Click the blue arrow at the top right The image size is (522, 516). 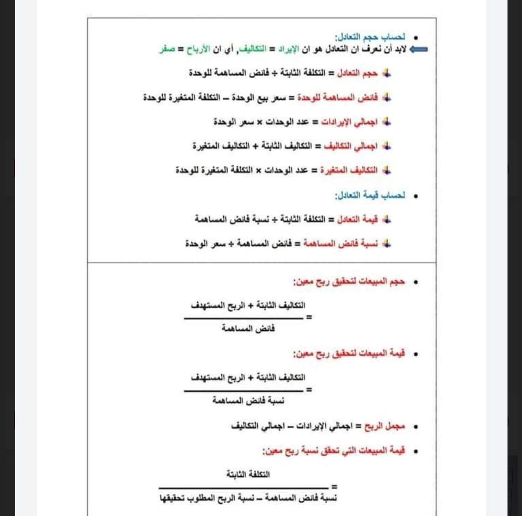point(419,49)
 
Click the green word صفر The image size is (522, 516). point(167,49)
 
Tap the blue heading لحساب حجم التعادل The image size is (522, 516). point(370,37)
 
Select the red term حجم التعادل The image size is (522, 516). point(357,73)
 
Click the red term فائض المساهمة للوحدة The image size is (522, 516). point(337,98)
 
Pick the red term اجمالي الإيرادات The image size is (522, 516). point(349,122)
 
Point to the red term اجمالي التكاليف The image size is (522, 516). point(351,146)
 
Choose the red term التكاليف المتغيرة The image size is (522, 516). point(349,170)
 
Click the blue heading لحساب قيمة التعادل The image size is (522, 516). point(370,195)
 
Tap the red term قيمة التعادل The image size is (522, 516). point(357,219)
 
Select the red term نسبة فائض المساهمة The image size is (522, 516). point(341,244)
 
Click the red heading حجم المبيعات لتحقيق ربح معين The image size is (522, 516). point(349,282)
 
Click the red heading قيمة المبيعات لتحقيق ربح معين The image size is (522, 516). point(349,353)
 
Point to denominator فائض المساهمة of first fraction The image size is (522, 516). point(248,329)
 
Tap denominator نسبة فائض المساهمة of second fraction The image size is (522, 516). point(248,401)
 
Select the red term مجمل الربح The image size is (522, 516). point(385,426)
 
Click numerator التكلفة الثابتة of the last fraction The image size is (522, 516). point(248,474)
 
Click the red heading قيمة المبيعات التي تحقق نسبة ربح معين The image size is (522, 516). point(333,451)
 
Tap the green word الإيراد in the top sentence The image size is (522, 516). point(289,49)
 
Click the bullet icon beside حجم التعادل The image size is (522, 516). point(387,73)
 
